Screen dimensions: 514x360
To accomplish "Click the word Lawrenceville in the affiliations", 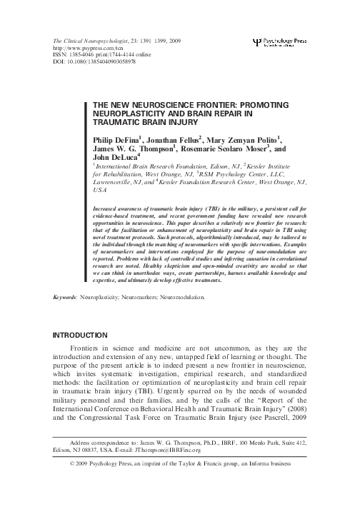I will click(119, 182).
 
